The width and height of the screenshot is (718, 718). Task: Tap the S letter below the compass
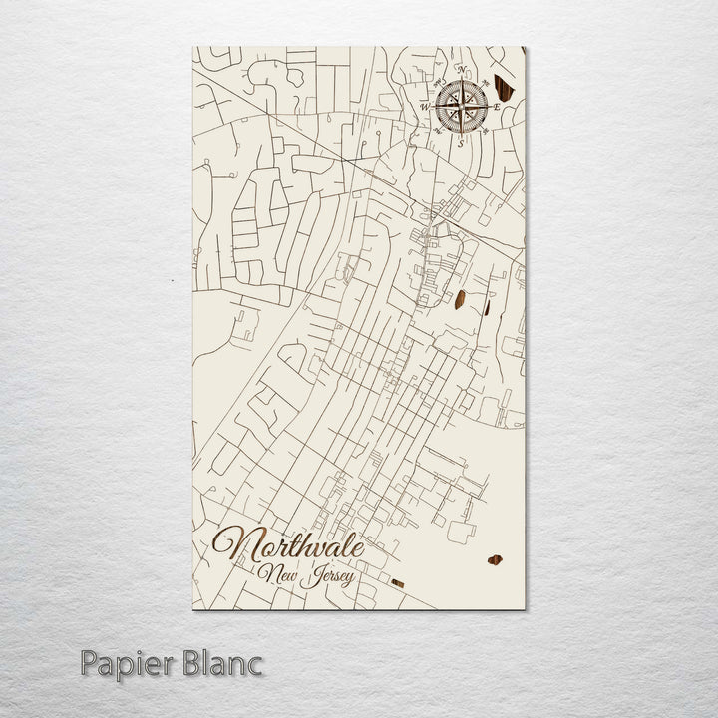tap(461, 141)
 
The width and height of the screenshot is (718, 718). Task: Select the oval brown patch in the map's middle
tap(463, 298)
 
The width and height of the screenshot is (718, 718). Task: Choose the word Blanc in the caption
tap(223, 661)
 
